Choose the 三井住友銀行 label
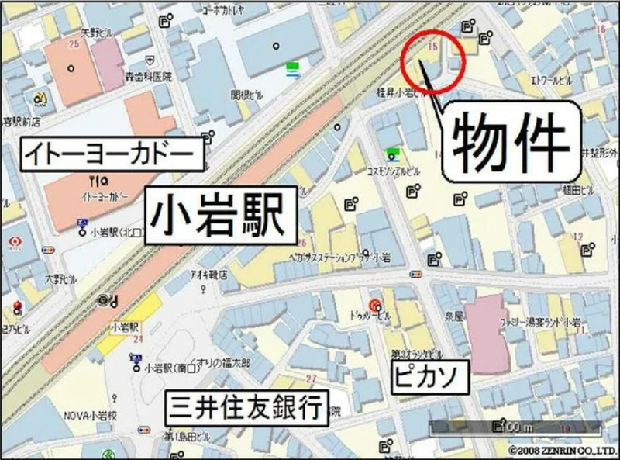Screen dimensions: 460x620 (247, 406)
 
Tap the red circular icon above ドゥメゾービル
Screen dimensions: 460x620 (376, 303)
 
